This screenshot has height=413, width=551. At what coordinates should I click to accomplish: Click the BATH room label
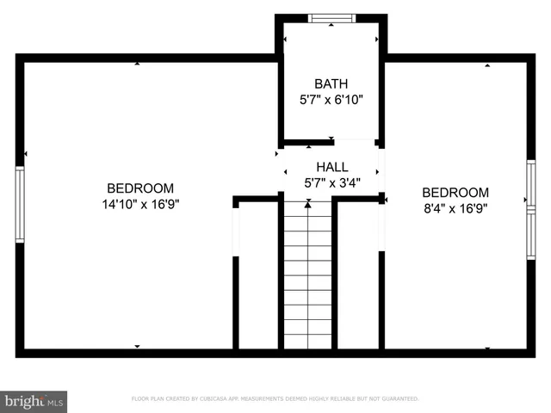331,84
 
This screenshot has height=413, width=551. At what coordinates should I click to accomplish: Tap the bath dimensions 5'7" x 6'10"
331,99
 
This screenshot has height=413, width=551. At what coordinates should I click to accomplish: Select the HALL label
331,168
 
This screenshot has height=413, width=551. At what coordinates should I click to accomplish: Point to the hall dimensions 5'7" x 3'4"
331,182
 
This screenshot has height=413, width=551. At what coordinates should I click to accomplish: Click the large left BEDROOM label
139,188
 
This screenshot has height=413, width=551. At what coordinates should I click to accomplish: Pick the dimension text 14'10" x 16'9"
139,204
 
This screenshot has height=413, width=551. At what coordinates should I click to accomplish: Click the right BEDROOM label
455,193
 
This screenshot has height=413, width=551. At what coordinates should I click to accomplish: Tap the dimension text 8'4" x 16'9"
455,208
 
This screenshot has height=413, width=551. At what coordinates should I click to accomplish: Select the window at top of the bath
331,18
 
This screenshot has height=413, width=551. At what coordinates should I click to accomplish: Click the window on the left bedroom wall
20,205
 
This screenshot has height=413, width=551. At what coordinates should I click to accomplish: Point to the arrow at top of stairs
307,205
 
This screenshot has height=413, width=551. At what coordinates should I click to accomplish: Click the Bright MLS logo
34,401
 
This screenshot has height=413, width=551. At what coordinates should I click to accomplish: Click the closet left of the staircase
257,275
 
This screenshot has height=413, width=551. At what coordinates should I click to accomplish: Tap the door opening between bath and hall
355,142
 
